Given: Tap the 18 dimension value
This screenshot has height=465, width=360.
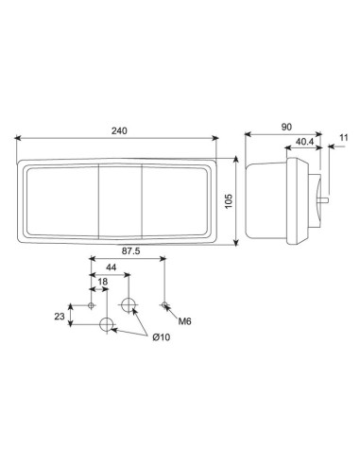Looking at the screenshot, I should pos(100,282).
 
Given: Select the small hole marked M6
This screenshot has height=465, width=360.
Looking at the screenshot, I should pos(165,304).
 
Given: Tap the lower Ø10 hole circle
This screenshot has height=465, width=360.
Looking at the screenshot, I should pos(107,326).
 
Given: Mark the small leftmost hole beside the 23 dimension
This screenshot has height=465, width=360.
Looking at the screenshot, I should pos(91,304).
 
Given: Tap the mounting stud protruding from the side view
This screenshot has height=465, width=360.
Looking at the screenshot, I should pos(327,200).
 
